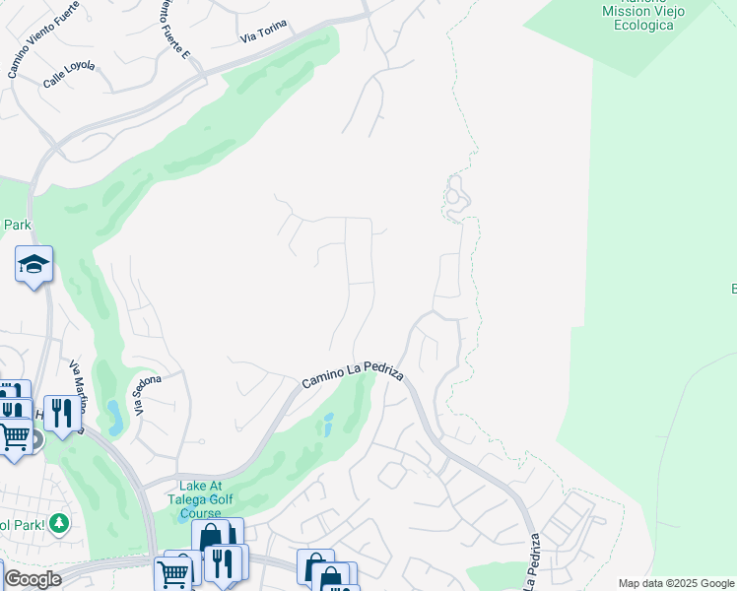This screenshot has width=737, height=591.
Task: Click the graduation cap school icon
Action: pos(33,264)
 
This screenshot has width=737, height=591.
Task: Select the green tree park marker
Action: pos(60,522)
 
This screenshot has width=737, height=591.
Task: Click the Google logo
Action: pos(32,579)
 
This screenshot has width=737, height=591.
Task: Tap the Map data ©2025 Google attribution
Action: pos(676,583)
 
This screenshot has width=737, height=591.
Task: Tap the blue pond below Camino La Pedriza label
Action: pos(327,425)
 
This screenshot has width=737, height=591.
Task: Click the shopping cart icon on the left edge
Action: pos(14,435)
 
